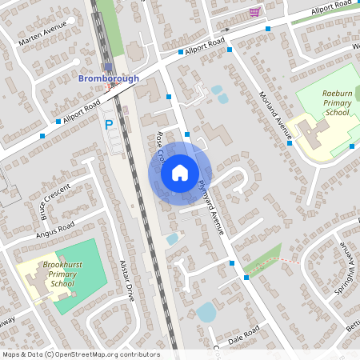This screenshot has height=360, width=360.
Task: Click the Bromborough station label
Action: pyautogui.click(x=108, y=78)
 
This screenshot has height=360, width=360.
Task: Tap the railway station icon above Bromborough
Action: pyautogui.click(x=109, y=67)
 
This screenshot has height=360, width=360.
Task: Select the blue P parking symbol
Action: pyautogui.click(x=109, y=124)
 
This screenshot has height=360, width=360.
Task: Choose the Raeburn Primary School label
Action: pyautogui.click(x=336, y=103)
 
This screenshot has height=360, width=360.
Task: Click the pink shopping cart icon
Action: pyautogui.click(x=254, y=11)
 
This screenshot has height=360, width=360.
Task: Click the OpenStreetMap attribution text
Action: pyautogui.click(x=80, y=354)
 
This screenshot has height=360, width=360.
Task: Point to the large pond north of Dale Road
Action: pyautogui.click(x=206, y=312)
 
